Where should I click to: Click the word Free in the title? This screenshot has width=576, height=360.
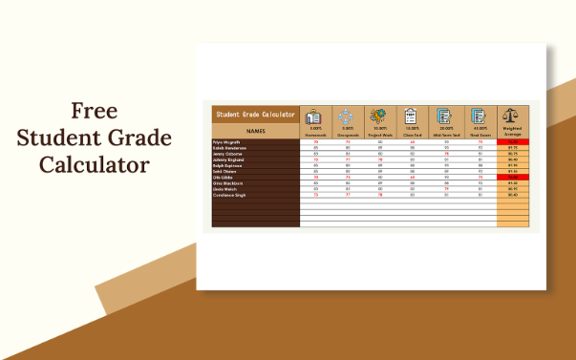[x=93, y=110]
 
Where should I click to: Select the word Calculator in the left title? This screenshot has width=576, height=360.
[x=94, y=165]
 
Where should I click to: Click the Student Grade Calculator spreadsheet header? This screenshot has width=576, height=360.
[x=254, y=114]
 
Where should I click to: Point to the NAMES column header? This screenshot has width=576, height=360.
[x=255, y=131]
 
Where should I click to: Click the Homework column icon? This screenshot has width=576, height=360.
[x=315, y=117]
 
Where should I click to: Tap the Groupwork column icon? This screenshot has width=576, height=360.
[x=348, y=117]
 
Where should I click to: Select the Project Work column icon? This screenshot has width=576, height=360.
[x=380, y=117]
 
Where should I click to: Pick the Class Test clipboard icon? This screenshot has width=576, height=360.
[x=413, y=117]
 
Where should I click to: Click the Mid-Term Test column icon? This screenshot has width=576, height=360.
[x=445, y=117]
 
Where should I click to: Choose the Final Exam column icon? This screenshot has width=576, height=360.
[x=478, y=117]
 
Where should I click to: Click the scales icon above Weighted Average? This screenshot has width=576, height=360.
[x=513, y=116]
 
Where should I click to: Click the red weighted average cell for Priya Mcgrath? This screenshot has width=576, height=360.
[x=513, y=142]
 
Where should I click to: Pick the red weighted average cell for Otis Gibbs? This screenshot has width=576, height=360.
[x=513, y=177]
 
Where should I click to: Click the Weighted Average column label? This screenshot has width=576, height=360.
[x=513, y=134]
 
